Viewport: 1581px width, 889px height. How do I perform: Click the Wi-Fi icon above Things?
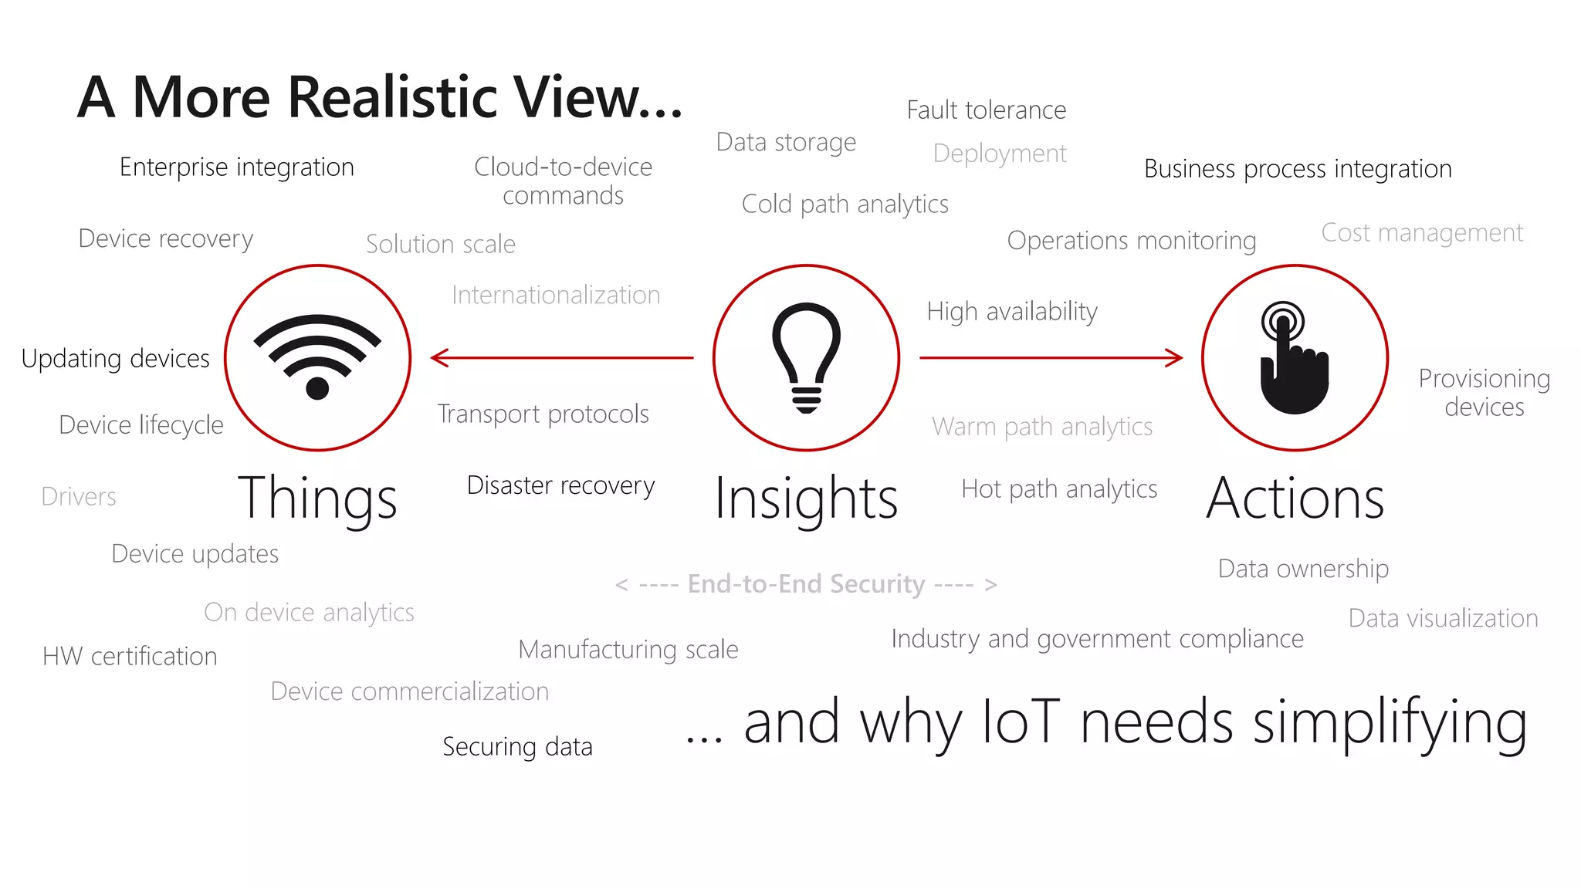pos(317,357)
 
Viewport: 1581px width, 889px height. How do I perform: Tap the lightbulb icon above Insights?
pos(806,357)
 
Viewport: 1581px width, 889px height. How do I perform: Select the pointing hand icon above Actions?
pos(1295,360)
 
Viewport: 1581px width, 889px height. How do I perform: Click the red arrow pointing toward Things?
pos(562,358)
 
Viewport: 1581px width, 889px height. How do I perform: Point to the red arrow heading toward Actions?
pos(1051,358)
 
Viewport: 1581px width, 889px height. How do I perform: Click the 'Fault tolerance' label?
pos(986,110)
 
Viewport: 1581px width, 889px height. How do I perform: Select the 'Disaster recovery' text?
pos(560,485)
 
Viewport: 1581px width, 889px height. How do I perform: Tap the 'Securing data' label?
pos(517,747)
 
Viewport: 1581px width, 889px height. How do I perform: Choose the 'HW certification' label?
pos(130,657)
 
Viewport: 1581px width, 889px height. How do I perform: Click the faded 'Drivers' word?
pos(79,497)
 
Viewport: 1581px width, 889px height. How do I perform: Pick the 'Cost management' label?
pos(1422,233)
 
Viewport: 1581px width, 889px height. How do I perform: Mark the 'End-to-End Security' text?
pos(806,584)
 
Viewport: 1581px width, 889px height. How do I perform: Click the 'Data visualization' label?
pos(1443,619)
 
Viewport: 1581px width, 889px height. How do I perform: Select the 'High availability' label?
pos(1011,312)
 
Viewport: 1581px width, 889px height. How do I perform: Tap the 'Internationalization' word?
pos(556,296)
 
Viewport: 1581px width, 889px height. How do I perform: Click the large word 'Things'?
pos(317,499)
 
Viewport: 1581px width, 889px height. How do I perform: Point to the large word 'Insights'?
pos(806,499)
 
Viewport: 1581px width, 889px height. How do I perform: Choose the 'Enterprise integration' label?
pos(236,167)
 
